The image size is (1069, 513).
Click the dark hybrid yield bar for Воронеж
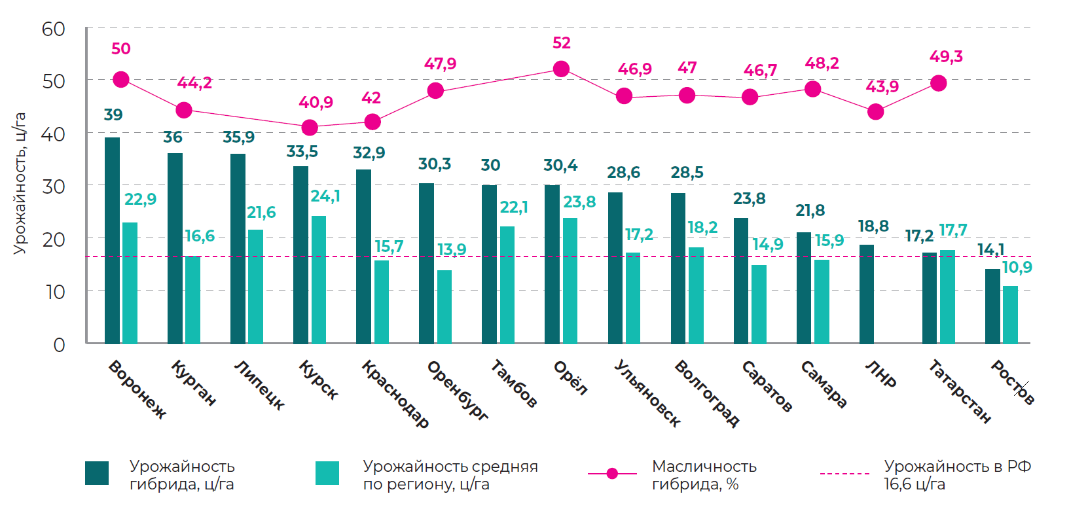(x=112, y=240)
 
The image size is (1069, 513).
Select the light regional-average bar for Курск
(x=318, y=279)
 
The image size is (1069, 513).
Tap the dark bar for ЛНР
(x=866, y=294)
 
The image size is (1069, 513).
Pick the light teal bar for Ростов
(x=1010, y=315)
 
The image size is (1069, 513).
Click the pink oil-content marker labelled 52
(x=561, y=69)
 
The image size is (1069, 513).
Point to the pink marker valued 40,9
(x=310, y=128)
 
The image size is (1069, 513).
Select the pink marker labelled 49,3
(x=938, y=83)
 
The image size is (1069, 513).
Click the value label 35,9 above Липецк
(x=238, y=137)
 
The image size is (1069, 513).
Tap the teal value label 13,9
(x=452, y=249)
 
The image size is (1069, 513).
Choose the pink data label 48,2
(x=822, y=63)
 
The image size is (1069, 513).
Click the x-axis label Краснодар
(x=395, y=393)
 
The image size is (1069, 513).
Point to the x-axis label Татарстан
(x=960, y=391)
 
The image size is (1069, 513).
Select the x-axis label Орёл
(x=571, y=378)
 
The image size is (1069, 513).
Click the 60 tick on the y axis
(x=54, y=29)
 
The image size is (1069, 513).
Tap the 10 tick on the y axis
(x=55, y=292)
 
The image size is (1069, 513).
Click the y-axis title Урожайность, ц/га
(x=20, y=183)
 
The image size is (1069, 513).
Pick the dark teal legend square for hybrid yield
(x=97, y=473)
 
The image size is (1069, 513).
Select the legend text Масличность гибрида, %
(x=704, y=475)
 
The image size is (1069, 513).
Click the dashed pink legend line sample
(x=844, y=473)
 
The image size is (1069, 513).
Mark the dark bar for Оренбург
(x=426, y=263)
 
